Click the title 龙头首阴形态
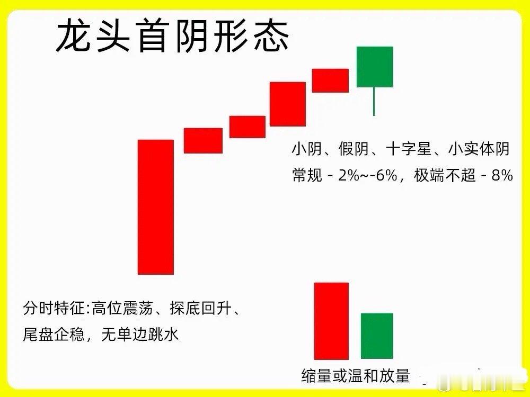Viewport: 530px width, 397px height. (172, 36)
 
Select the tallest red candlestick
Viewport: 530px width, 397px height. (155, 206)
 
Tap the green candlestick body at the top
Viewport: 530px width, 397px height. (375, 67)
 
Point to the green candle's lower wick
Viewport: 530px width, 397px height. (374, 101)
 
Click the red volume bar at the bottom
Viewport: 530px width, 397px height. (331, 321)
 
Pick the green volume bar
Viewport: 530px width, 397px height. (377, 336)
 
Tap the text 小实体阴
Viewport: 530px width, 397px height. (479, 150)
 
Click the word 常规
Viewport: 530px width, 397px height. (307, 176)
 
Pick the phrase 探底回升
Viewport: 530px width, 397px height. (201, 308)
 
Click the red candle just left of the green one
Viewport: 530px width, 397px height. (330, 80)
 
